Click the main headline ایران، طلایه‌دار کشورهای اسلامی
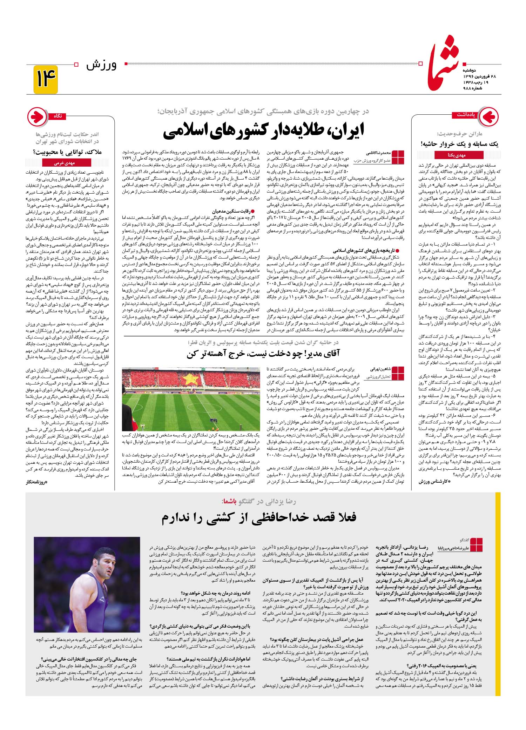pyautogui.click(x=264, y=130)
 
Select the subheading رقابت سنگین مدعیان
pyautogui.click(x=232, y=211)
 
